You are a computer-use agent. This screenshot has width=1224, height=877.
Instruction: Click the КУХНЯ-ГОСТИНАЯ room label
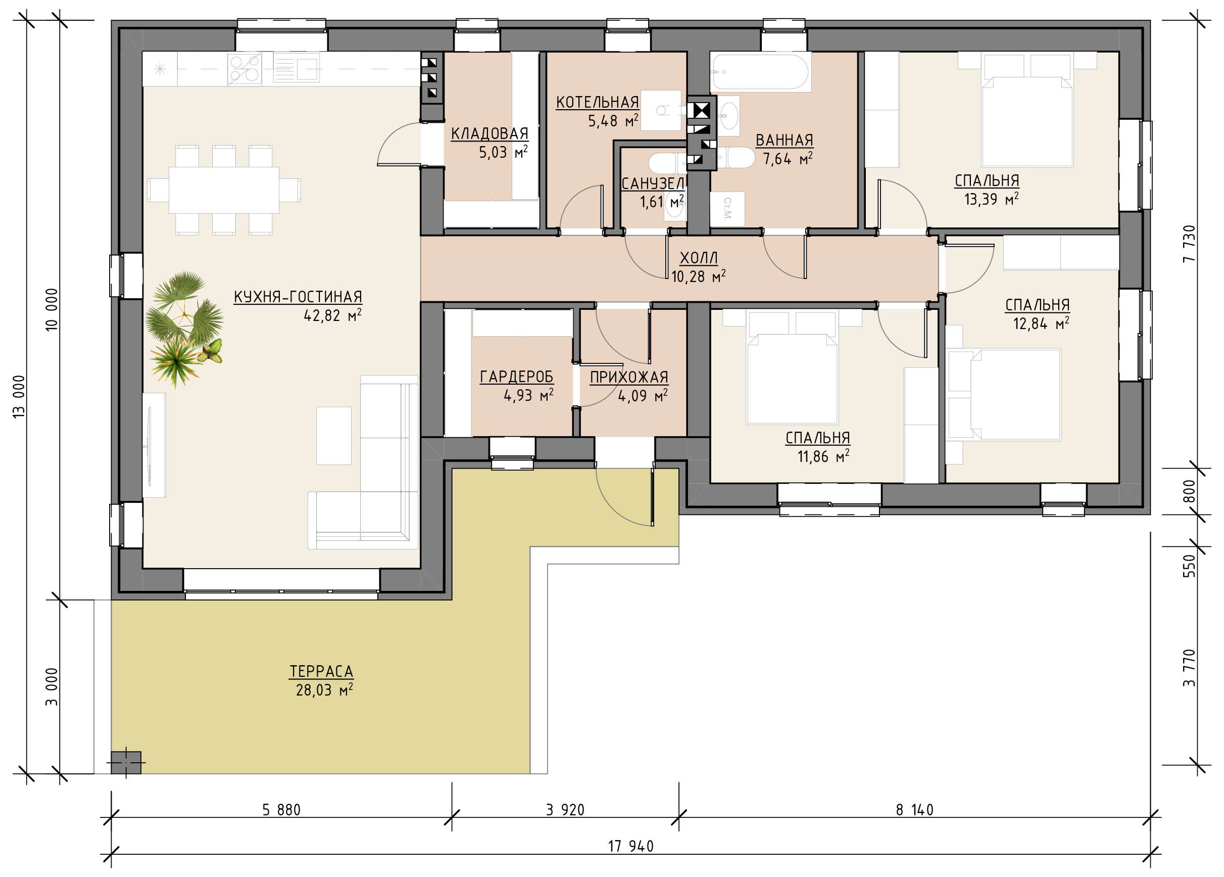pyautogui.click(x=298, y=297)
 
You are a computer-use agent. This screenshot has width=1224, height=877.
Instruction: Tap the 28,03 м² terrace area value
pyautogui.click(x=324, y=690)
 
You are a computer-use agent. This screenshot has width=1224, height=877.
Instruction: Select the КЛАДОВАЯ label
pyautogui.click(x=489, y=133)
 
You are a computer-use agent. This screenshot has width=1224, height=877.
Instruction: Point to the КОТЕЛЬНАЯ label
pyautogui.click(x=598, y=102)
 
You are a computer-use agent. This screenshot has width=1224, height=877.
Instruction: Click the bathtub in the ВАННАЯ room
pyautogui.click(x=760, y=72)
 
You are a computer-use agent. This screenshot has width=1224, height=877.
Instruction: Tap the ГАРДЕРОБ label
pyautogui.click(x=516, y=377)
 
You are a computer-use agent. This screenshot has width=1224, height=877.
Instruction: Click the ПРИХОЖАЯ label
pyautogui.click(x=629, y=378)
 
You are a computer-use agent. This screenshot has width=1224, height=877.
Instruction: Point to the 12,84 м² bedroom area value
pyautogui.click(x=1041, y=324)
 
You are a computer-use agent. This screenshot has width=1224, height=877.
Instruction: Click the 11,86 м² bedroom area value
pyautogui.click(x=823, y=456)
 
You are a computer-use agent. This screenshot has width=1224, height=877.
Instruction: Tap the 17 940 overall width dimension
pyautogui.click(x=630, y=846)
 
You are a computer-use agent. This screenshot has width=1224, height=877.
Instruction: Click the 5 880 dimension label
pyautogui.click(x=281, y=809)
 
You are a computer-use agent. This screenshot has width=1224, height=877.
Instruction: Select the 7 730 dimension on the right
pyautogui.click(x=1190, y=244)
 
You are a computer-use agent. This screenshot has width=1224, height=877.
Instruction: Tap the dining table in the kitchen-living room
pyautogui.click(x=224, y=190)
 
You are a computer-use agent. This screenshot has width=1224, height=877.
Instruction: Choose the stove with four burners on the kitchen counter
pyautogui.click(x=244, y=69)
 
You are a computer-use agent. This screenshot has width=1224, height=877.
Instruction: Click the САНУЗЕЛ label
pyautogui.click(x=653, y=184)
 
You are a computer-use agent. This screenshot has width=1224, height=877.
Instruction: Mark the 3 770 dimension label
pyautogui.click(x=1190, y=667)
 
